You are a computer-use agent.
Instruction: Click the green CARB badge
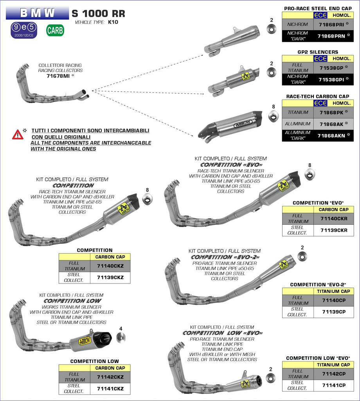point(55,30)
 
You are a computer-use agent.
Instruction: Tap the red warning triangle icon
point(18,135)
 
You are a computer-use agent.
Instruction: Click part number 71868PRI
point(331,24)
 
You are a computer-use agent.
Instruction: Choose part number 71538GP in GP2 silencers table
point(331,67)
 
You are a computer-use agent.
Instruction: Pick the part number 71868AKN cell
point(331,135)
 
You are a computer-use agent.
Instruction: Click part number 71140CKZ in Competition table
point(110,266)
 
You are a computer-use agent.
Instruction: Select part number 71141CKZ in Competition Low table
point(110,388)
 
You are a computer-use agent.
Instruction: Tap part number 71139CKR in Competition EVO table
point(333,230)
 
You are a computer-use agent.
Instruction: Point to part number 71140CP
point(333,300)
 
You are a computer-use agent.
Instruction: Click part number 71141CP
point(333,385)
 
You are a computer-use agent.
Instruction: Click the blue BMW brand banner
point(37,13)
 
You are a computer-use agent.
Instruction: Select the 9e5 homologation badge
point(23,30)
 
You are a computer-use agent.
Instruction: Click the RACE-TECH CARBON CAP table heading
point(317,96)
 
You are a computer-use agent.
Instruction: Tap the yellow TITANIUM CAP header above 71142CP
point(334,365)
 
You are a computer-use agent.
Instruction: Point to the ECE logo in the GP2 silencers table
point(320,58)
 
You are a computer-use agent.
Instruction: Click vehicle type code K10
point(113,22)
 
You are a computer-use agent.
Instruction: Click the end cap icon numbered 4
point(121,337)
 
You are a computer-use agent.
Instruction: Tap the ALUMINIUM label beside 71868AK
point(297,124)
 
